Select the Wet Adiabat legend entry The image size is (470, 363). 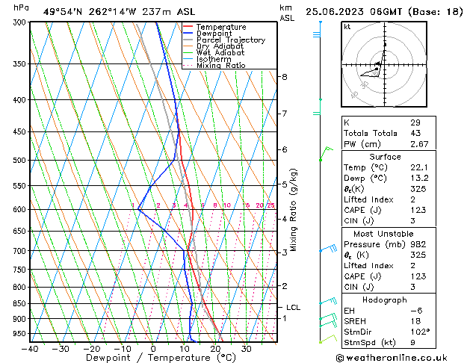coord(221,53)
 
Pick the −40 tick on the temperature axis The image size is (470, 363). coord(30,349)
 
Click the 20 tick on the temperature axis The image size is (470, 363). coord(215,349)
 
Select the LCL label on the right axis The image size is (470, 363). coord(294,307)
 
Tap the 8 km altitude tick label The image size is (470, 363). coord(285,77)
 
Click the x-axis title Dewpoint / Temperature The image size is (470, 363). coord(153,358)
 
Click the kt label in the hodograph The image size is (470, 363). coord(347,26)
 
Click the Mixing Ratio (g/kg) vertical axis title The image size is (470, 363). coord(294,210)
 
